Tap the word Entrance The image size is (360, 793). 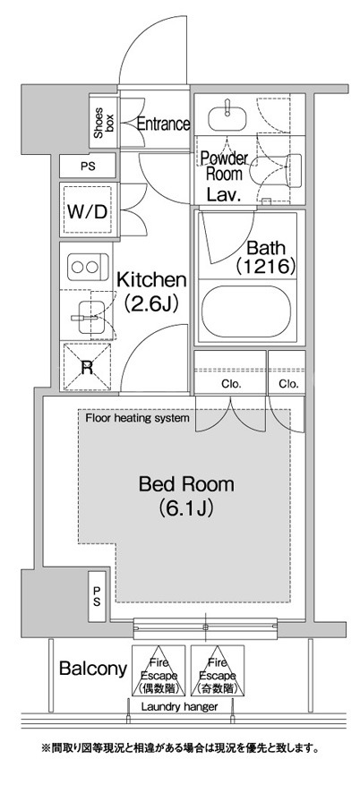pyautogui.click(x=164, y=124)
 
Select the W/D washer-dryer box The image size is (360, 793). pyautogui.click(x=88, y=210)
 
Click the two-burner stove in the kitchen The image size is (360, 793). pyautogui.click(x=88, y=267)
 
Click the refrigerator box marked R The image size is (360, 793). pyautogui.click(x=87, y=367)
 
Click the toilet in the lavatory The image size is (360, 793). pyautogui.click(x=278, y=170)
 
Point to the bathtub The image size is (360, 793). pyautogui.click(x=246, y=311)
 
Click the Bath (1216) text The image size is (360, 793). pyautogui.click(x=265, y=258)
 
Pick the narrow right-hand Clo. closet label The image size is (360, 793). pyautogui.click(x=288, y=384)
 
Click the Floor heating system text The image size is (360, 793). pyautogui.click(x=137, y=418)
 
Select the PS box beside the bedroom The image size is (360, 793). pyautogui.click(x=98, y=597)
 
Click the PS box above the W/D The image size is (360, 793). pyautogui.click(x=88, y=166)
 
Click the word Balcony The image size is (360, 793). pyautogui.click(x=92, y=669)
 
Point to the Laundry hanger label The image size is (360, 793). pyautogui.click(x=179, y=706)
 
